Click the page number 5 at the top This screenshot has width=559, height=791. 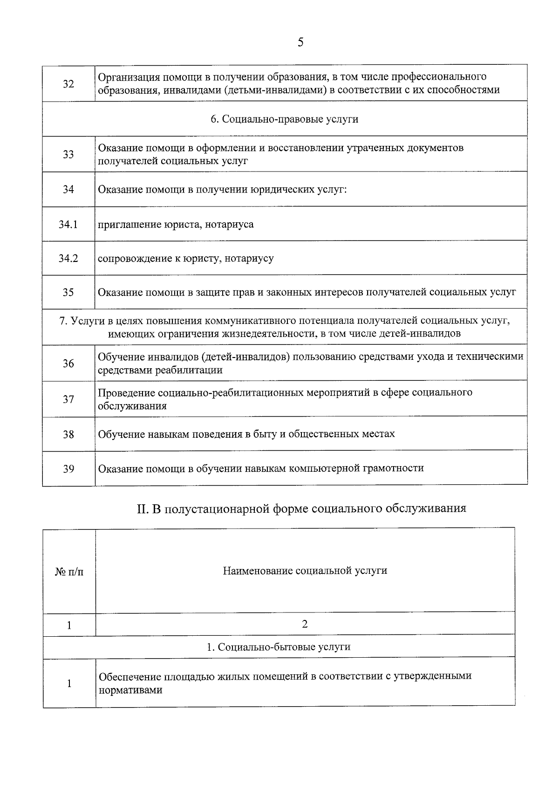pos(300,42)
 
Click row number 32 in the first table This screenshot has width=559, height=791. pos(68,84)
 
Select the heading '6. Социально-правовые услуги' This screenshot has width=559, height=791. pos(284,119)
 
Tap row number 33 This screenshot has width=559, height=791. pos(68,155)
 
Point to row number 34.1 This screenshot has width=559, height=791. pos(68,225)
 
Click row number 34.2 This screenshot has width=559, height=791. pos(68,258)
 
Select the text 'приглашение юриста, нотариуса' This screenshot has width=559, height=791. pos(176,225)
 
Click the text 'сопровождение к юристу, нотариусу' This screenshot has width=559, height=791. pos(185,258)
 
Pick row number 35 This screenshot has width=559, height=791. pos(68,293)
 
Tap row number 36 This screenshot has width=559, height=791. pos(68,364)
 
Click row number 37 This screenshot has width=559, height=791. pos(68,399)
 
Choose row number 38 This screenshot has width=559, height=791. pos(68,434)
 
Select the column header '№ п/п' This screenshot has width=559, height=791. pos(69,571)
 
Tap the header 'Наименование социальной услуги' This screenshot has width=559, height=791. pos(305,571)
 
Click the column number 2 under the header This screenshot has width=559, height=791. pos(305,624)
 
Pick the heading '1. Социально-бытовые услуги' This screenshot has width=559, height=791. pos(279,647)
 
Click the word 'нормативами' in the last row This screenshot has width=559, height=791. pos(130,690)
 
